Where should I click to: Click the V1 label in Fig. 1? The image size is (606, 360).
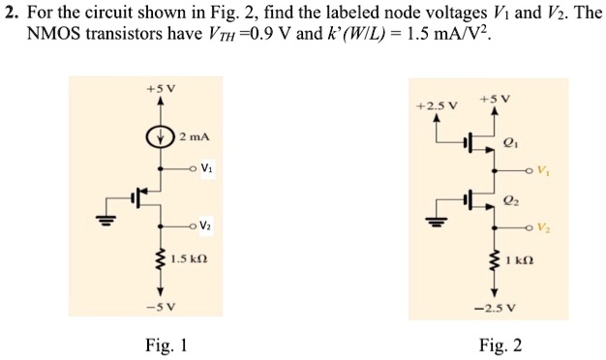click(207, 167)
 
